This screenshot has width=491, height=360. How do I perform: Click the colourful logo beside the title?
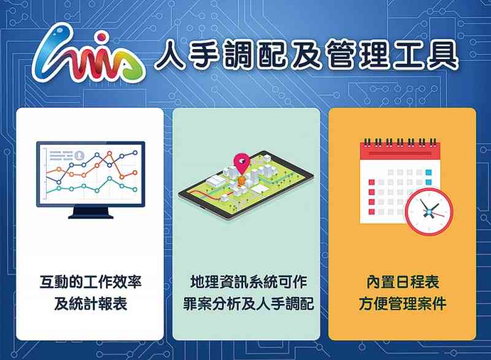[x=88, y=54]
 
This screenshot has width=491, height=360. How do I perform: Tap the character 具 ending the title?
[x=442, y=55]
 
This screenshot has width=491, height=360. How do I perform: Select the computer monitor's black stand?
[x=91, y=213]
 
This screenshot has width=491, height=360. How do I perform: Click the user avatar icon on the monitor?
[x=80, y=155]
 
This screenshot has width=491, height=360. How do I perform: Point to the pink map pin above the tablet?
[x=242, y=163]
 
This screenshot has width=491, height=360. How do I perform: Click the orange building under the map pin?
[x=242, y=181]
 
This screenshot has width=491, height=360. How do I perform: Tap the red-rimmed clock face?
[x=429, y=212]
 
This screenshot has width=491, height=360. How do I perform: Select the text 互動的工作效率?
[x=90, y=282]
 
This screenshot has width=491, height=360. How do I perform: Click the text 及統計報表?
[x=90, y=303]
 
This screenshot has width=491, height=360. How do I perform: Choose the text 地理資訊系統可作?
[x=248, y=282]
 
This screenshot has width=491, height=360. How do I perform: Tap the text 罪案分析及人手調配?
[x=248, y=303]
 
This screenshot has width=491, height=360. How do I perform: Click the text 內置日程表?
[x=403, y=282]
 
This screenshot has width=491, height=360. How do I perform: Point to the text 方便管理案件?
[x=403, y=303]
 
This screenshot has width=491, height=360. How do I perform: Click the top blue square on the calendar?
[x=428, y=172]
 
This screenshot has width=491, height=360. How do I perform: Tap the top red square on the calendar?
[x=372, y=182]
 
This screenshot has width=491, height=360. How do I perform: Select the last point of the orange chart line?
[x=135, y=173]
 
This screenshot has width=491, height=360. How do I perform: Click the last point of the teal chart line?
[x=135, y=190]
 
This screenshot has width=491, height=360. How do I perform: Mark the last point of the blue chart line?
[x=135, y=153]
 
